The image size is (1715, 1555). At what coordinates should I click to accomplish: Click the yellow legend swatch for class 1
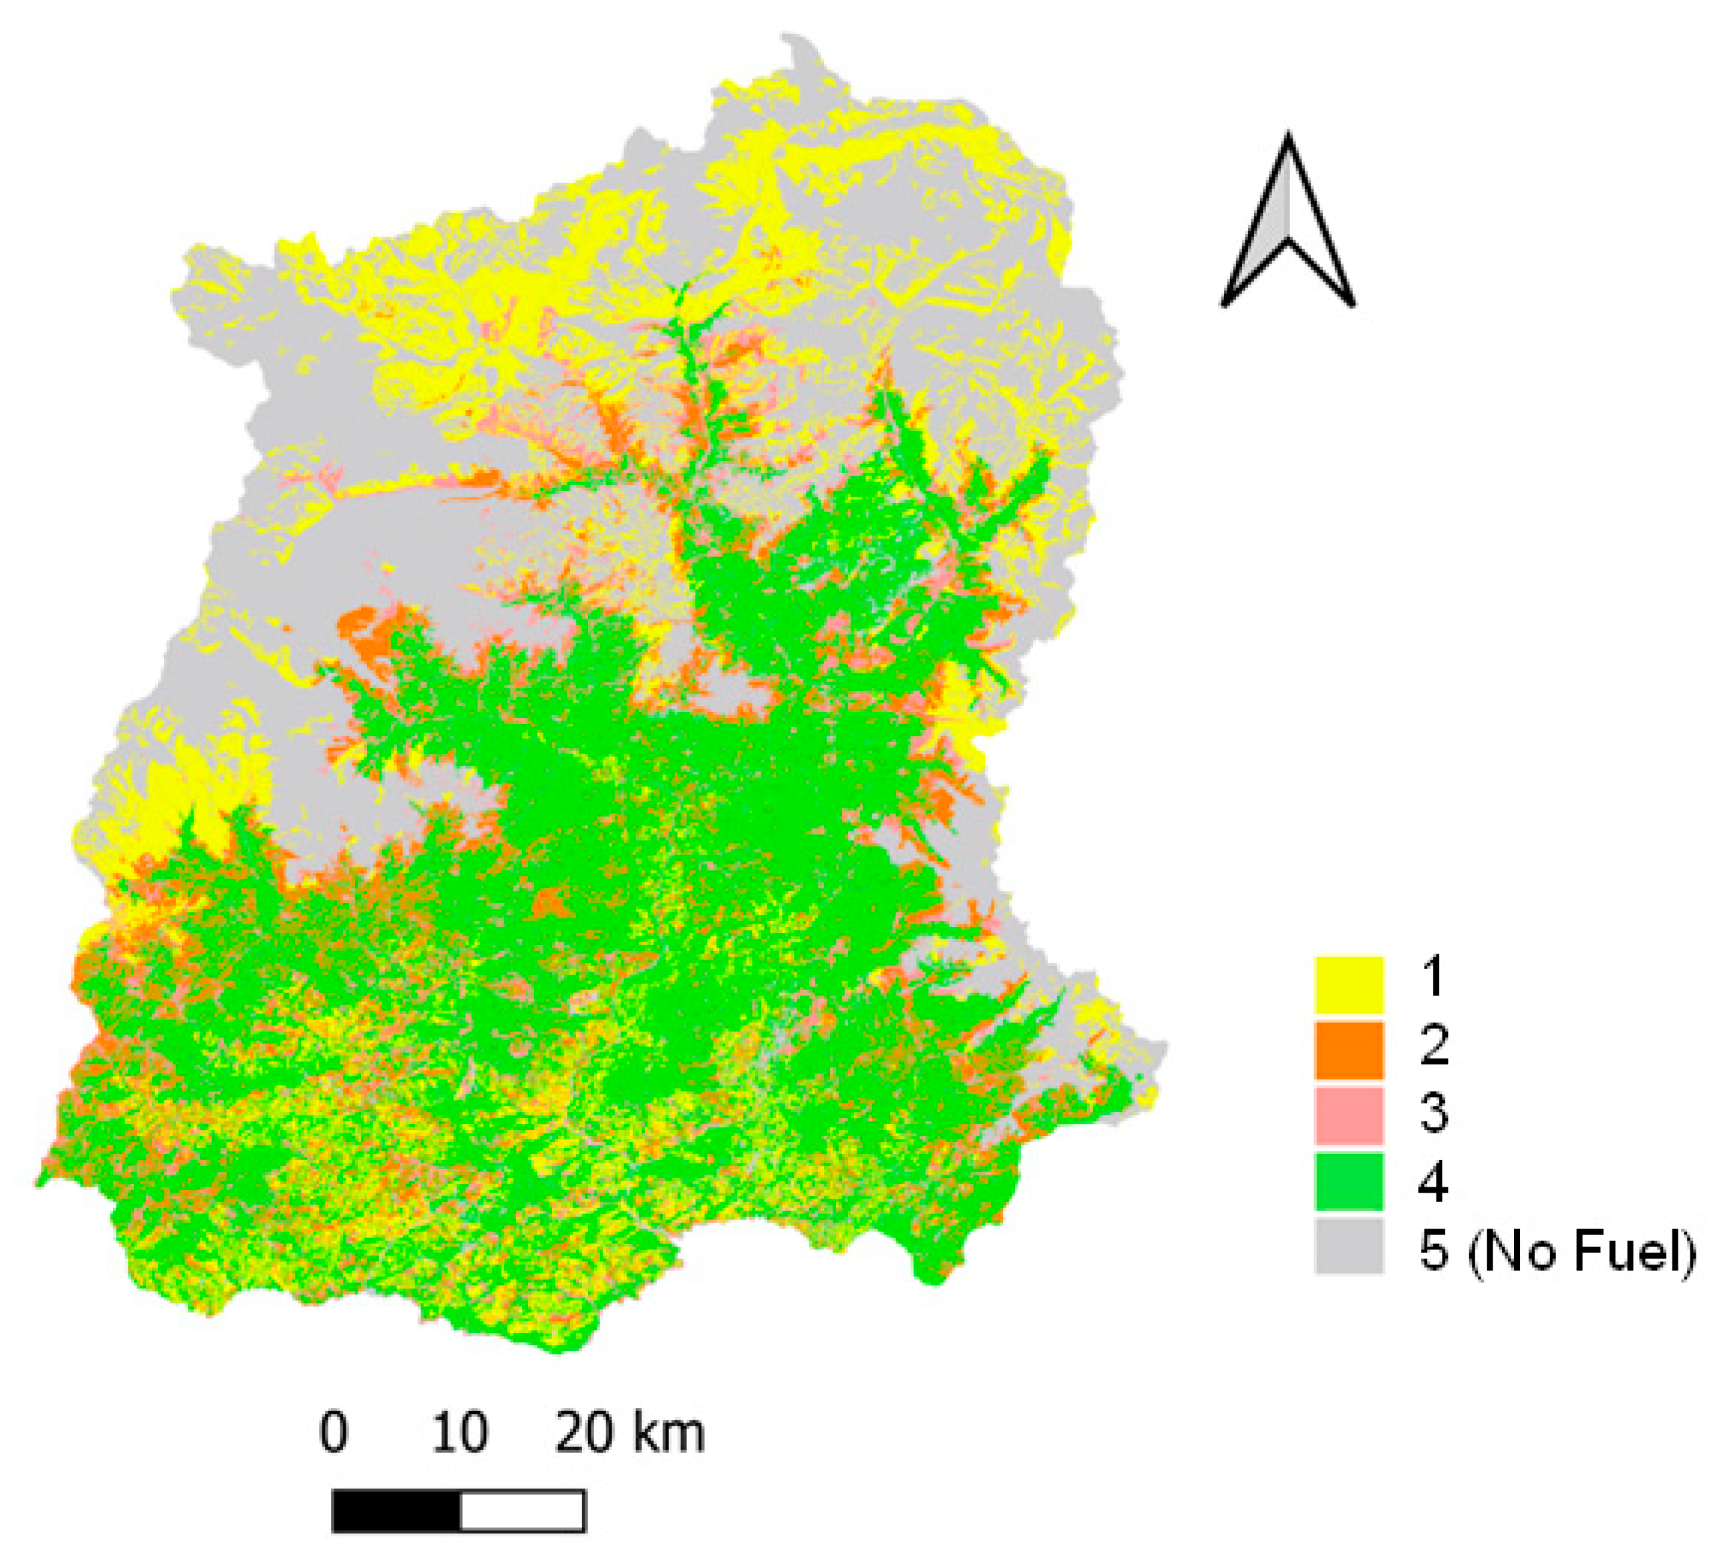pos(1348,984)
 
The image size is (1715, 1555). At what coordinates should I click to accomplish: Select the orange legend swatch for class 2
pos(1348,1050)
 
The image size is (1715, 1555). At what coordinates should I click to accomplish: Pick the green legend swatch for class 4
pos(1348,1181)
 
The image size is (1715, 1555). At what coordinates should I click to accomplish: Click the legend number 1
pos(1433,978)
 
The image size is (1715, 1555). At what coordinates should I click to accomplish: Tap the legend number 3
pos(1433,1110)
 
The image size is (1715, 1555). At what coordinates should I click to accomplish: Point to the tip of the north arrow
pos(1288,136)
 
